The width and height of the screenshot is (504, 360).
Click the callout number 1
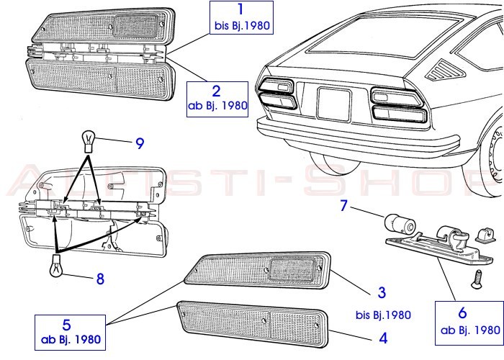click(240, 10)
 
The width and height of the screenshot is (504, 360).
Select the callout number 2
click(217, 90)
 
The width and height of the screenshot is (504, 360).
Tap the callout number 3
click(382, 292)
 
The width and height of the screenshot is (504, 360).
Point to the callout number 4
click(382, 336)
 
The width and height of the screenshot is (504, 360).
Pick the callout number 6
click(462, 313)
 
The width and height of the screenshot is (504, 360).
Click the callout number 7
click(344, 206)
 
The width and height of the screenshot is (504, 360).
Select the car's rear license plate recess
click(333, 104)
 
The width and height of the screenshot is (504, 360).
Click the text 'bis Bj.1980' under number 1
click(240, 26)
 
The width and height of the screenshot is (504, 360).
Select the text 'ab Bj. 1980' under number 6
click(469, 330)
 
